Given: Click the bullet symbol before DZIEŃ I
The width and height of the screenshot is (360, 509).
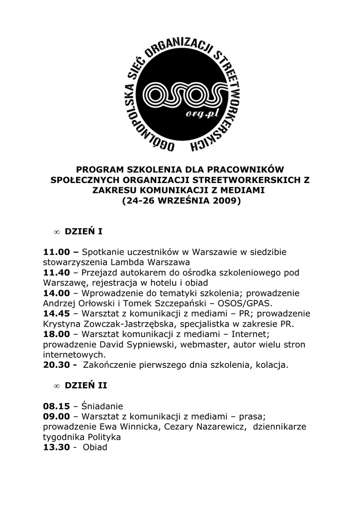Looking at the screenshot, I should tap(57, 232).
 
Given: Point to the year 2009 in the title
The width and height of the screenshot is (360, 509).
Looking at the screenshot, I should tap(224, 202).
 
